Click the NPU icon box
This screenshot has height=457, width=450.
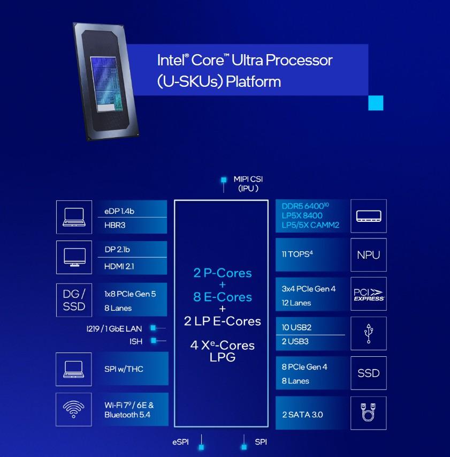point(368,255)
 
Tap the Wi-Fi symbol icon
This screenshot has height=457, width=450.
point(73,409)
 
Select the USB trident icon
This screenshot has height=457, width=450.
point(368,333)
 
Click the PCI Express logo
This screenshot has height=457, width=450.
point(368,295)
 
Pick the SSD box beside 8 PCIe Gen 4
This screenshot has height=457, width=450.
point(368,373)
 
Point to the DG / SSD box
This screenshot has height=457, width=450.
point(74,300)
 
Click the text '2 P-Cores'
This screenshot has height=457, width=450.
point(222,273)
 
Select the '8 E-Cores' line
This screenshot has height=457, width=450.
point(222,297)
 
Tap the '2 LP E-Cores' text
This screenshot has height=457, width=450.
point(222,321)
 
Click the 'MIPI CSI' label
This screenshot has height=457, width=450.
point(248,179)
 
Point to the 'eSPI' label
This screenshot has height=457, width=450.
point(181,442)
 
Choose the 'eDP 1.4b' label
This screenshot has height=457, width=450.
point(119,211)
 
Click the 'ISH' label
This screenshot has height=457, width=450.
point(136,341)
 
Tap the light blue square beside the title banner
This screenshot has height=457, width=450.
point(376,103)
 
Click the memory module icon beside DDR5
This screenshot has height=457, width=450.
point(368,216)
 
